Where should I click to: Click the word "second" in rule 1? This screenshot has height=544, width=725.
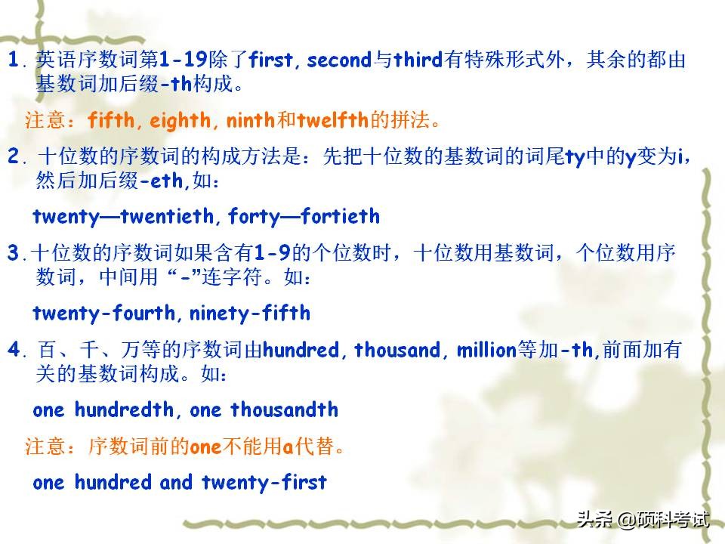(340, 61)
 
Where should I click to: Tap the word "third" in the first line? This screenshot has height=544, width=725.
(419, 61)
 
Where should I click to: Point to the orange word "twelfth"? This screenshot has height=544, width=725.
(332, 120)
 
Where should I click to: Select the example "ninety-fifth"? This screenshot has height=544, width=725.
(250, 313)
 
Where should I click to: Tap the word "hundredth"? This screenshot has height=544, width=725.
(124, 410)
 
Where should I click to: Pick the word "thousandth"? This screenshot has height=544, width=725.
(284, 410)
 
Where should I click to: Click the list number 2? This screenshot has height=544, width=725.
(14, 157)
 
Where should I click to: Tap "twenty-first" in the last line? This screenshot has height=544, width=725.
(263, 482)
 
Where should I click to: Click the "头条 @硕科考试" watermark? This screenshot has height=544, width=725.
(643, 520)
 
